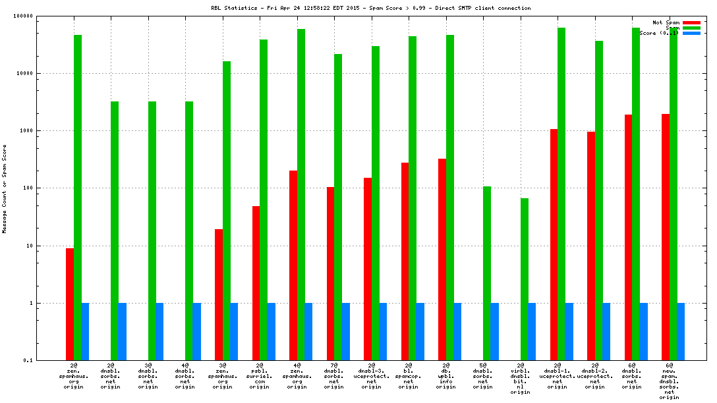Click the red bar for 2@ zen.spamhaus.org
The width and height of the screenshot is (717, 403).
click(70, 304)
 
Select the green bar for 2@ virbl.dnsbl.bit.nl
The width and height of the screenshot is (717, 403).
click(525, 279)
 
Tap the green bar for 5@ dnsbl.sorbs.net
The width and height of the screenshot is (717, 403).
click(488, 273)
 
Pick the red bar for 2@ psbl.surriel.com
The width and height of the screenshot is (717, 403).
click(256, 283)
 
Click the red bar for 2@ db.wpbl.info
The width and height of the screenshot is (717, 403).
click(442, 259)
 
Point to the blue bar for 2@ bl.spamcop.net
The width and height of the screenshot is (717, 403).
click(420, 332)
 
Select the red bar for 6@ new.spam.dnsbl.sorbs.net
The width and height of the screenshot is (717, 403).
click(666, 237)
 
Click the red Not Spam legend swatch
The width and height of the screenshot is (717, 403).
click(691, 22)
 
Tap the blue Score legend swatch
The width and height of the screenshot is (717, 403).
click(691, 33)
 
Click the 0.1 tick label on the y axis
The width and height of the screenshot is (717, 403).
click(46, 361)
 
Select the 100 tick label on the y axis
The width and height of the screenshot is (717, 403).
click(45, 188)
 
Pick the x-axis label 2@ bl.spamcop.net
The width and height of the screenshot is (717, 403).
click(409, 375)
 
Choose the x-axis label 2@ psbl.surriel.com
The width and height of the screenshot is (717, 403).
click(260, 375)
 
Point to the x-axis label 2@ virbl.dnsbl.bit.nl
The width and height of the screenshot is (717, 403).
click(521, 378)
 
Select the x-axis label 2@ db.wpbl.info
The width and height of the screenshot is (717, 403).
click(446, 375)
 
